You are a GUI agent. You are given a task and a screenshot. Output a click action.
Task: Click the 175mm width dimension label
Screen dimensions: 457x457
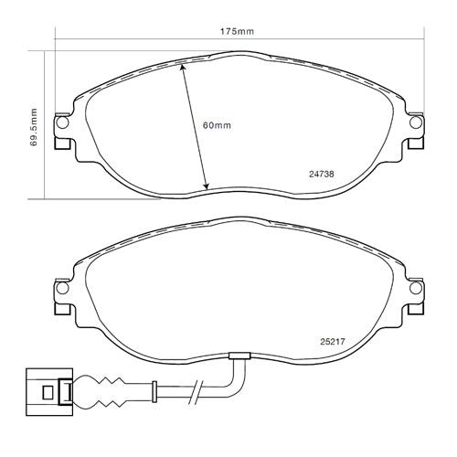(x=237, y=31)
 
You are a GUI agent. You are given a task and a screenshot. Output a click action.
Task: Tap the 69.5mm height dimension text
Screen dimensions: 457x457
(x=33, y=127)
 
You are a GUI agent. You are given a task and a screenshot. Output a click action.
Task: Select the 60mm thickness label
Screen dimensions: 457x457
(x=218, y=124)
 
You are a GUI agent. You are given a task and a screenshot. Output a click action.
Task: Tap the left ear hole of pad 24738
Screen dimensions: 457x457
(x=61, y=123)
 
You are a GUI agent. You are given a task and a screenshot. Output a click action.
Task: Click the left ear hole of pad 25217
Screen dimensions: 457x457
(x=61, y=289)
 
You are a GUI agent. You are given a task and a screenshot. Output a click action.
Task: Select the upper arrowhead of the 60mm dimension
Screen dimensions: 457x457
(x=184, y=67)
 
